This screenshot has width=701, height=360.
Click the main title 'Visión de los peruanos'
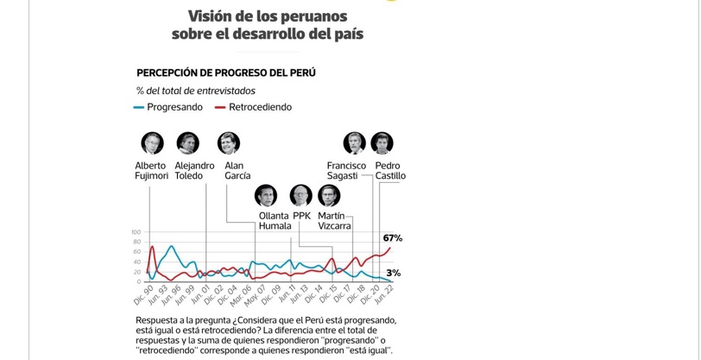268,16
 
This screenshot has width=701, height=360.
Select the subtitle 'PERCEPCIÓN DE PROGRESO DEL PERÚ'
225,73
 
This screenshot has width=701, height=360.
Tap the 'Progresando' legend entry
174,107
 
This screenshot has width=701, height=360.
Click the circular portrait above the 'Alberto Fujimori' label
152,142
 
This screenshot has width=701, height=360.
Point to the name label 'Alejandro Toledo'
194,171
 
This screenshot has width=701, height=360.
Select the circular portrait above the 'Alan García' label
229,142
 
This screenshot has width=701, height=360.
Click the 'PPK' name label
301,216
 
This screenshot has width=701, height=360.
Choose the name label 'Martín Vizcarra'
334,221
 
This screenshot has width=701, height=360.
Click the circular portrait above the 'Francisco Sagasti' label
354,142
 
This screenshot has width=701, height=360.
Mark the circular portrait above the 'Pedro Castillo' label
382,142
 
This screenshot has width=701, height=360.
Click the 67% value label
392,238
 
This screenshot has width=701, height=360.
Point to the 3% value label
393,273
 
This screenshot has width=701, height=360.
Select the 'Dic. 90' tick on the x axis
144,294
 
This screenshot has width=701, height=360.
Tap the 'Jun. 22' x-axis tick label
382,294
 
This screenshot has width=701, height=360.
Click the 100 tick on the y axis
136,232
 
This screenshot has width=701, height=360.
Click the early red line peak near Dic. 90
153,248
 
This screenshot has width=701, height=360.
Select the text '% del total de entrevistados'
195,91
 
